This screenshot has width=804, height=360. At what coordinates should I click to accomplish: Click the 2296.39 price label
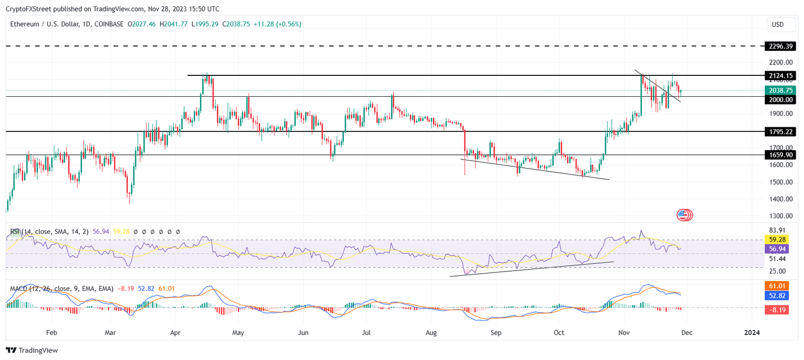pos(779,47)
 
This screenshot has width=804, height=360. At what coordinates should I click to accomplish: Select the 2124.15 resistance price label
pos(779,76)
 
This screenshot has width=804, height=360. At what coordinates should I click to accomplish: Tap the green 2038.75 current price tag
pos(779,91)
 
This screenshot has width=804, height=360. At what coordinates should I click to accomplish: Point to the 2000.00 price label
pos(779,100)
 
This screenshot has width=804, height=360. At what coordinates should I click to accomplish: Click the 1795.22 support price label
pos(779,131)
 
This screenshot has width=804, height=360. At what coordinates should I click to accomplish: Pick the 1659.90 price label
pos(779,155)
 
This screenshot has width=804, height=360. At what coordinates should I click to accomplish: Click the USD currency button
pos(778,25)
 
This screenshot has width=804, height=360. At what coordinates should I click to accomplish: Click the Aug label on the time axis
pos(431,332)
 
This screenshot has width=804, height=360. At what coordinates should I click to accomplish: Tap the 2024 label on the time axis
pos(752,332)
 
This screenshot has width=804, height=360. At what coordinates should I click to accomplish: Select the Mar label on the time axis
pos(110,332)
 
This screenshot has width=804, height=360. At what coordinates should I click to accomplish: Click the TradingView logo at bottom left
pos(32,350)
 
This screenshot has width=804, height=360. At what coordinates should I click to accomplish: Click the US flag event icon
pos(683,215)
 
